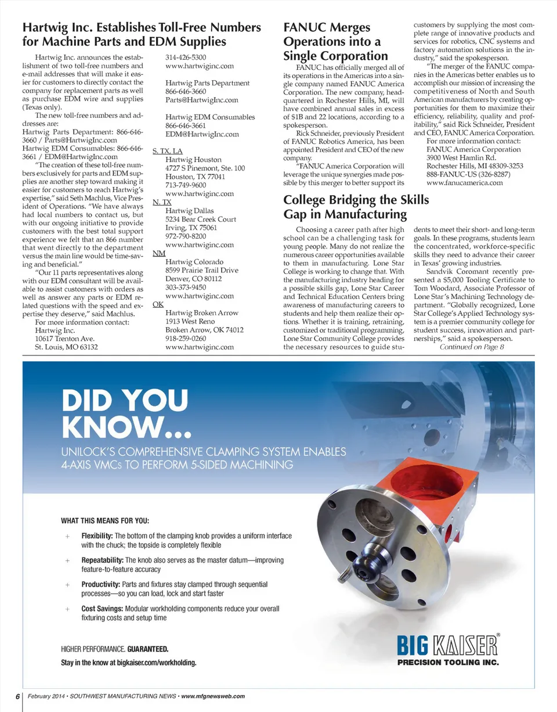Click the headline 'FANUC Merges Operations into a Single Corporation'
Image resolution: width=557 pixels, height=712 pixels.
pos(335,42)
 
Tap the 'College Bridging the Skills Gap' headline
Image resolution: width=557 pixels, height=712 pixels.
pos(356,207)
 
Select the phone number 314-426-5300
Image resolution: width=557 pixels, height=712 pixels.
pos(186,57)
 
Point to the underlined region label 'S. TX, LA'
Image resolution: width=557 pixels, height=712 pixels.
pos(167,151)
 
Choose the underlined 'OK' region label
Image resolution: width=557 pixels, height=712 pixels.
pos(157,304)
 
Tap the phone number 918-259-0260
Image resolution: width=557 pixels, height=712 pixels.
pos(186,339)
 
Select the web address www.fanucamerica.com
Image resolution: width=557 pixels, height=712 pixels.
pos(464,183)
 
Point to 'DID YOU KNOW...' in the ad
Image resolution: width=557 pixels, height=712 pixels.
pos(128,413)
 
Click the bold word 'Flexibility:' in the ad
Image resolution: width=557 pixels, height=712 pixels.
pos(97,535)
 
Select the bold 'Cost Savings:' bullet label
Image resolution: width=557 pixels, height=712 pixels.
pos(102,609)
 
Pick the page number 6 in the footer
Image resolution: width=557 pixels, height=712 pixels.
pos(17,696)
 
